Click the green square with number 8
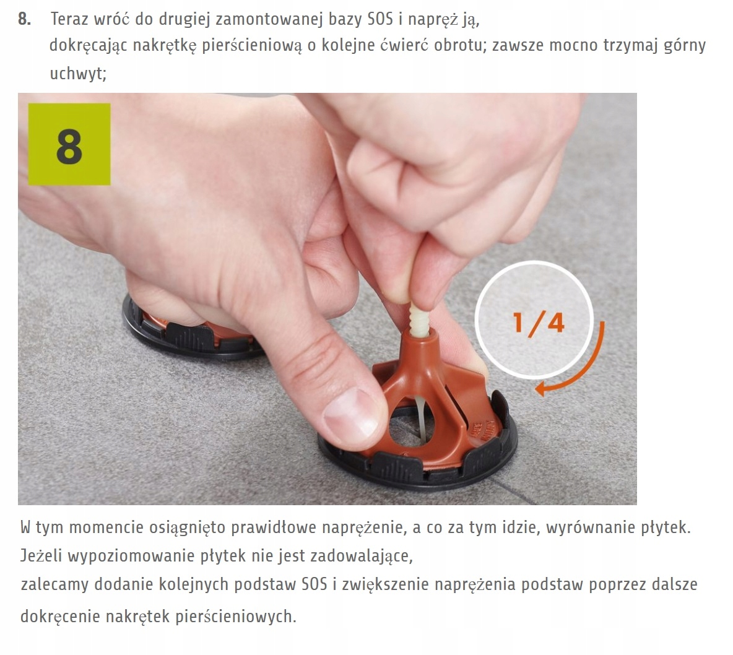69,144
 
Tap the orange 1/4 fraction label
539,323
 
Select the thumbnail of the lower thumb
350,412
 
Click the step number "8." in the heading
25,19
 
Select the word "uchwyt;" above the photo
78,74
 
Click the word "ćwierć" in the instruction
404,45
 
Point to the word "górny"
684,46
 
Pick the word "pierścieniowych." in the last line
236,617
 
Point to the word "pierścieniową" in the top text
252,46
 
